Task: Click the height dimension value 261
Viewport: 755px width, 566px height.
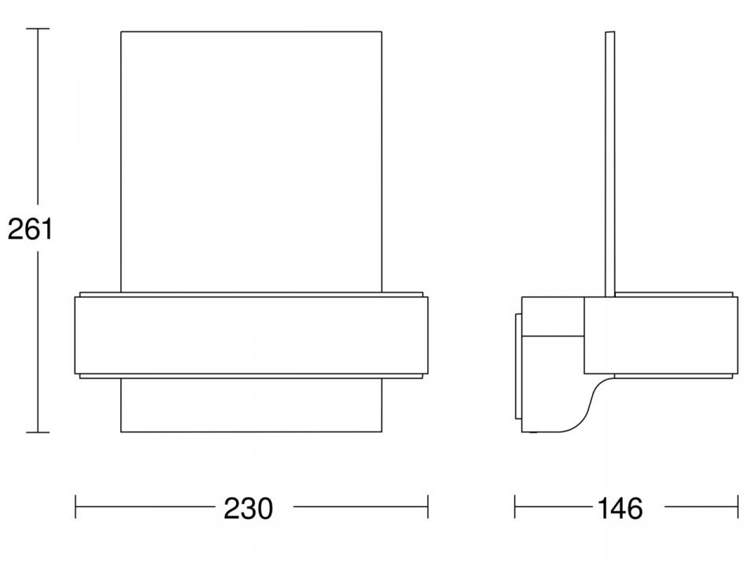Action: click(30, 229)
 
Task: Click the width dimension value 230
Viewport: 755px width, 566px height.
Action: click(248, 509)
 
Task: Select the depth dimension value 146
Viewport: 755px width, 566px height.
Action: click(620, 509)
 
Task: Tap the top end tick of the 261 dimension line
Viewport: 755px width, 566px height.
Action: click(38, 28)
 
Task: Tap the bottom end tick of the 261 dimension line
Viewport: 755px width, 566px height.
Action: click(38, 432)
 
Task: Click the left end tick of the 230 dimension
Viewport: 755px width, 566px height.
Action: click(75, 507)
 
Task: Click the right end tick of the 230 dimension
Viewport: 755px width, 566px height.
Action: click(428, 507)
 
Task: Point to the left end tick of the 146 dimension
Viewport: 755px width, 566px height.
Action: click(514, 507)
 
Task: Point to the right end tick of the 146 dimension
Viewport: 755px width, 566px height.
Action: click(737, 507)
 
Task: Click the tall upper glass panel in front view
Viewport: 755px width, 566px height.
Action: click(252, 162)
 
